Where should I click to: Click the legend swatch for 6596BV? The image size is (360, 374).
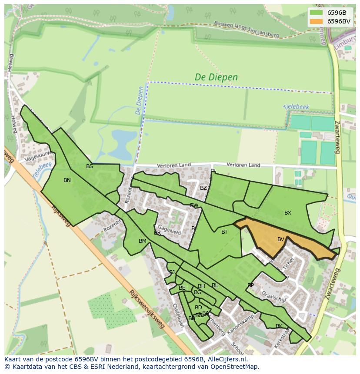tap(317, 21)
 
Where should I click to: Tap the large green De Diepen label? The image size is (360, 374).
tap(216, 77)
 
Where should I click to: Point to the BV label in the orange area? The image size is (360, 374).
tap(281, 239)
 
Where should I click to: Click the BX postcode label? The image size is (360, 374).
tap(288, 213)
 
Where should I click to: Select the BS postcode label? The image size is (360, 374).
tap(90, 166)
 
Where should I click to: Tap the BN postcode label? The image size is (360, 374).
tap(67, 180)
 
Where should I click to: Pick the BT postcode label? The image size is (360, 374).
tap(224, 232)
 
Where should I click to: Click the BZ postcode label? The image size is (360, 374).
tap(203, 188)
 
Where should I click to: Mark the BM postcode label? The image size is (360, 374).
tap(143, 241)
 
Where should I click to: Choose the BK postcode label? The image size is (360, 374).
tap(279, 326)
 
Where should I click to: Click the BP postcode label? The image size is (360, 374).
tap(250, 285)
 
